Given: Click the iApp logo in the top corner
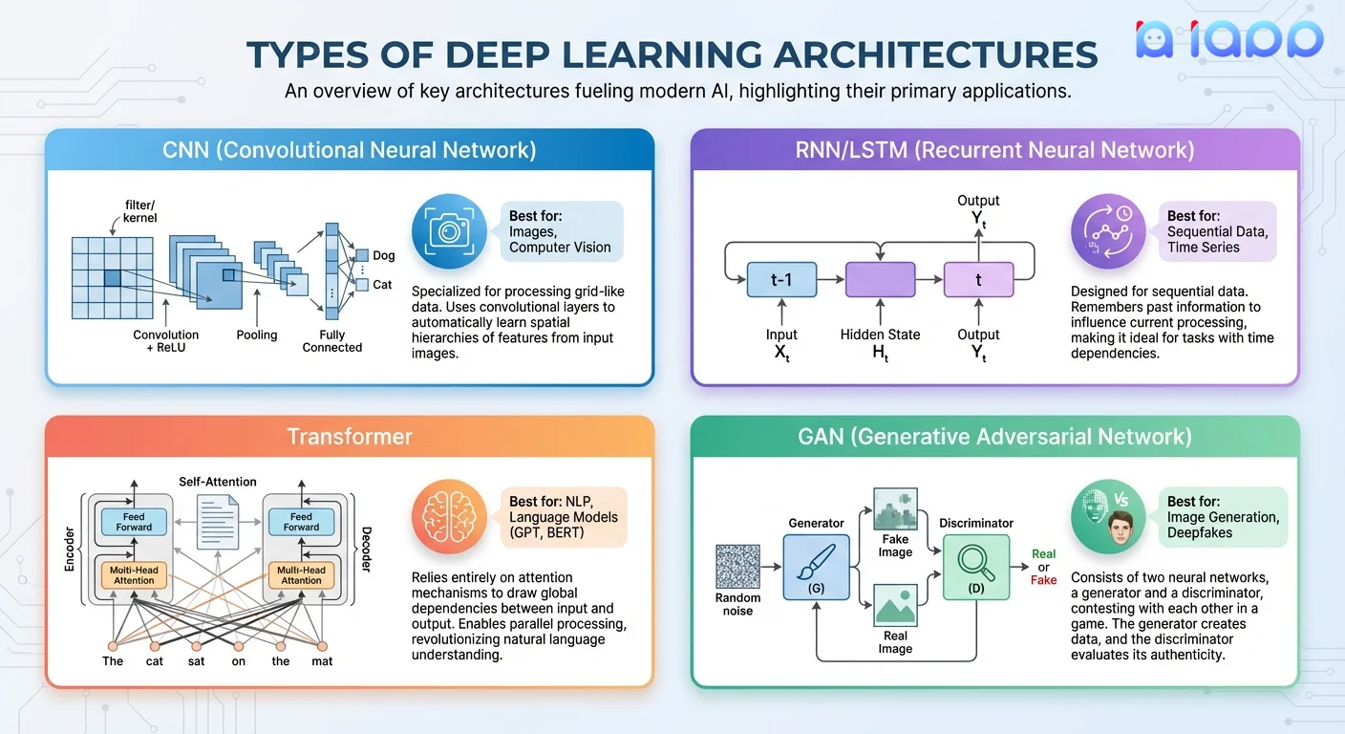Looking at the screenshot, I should pos(1228,40).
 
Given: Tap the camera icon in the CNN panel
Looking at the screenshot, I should pos(444,231).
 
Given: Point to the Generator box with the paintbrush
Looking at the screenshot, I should pos(816,567).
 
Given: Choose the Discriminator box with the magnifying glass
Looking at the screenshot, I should pos(975,567).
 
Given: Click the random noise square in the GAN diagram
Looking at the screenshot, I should pos(737,567).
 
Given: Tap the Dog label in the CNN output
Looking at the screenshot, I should pos(383,255).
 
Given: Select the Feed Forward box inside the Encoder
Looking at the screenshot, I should pos(134,521).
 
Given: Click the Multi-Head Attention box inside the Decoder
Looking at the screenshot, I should pos(301,573).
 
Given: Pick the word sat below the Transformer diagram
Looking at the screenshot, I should pos(197,660).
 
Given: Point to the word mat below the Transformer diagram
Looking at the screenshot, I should pos(322,660).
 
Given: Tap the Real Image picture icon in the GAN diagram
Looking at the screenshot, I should pos(895,606).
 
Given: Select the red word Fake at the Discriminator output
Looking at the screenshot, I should pos(1043,580).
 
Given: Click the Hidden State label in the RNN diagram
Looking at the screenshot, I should pos(880,335).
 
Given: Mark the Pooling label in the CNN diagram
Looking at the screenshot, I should pos(257,335).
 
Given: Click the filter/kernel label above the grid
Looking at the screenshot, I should pos(139,211).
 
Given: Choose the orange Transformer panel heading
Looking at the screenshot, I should pos(350,437).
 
